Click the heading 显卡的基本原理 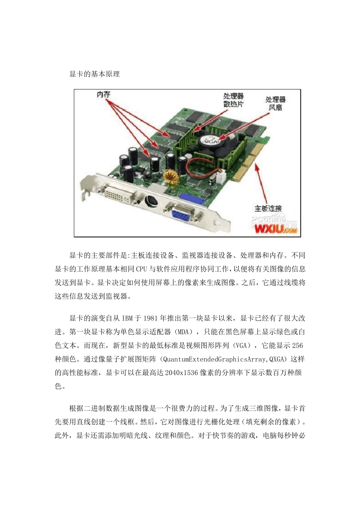(x=94, y=74)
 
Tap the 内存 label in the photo (x=103, y=94)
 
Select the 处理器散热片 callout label (x=233, y=100)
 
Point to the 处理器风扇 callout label (x=275, y=103)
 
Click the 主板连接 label (x=268, y=208)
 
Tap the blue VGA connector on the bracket (x=182, y=215)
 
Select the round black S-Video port (x=150, y=200)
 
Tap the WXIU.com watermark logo (x=275, y=229)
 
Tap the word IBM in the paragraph (x=127, y=319)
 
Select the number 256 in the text (x=297, y=346)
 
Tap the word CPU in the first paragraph (x=142, y=269)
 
